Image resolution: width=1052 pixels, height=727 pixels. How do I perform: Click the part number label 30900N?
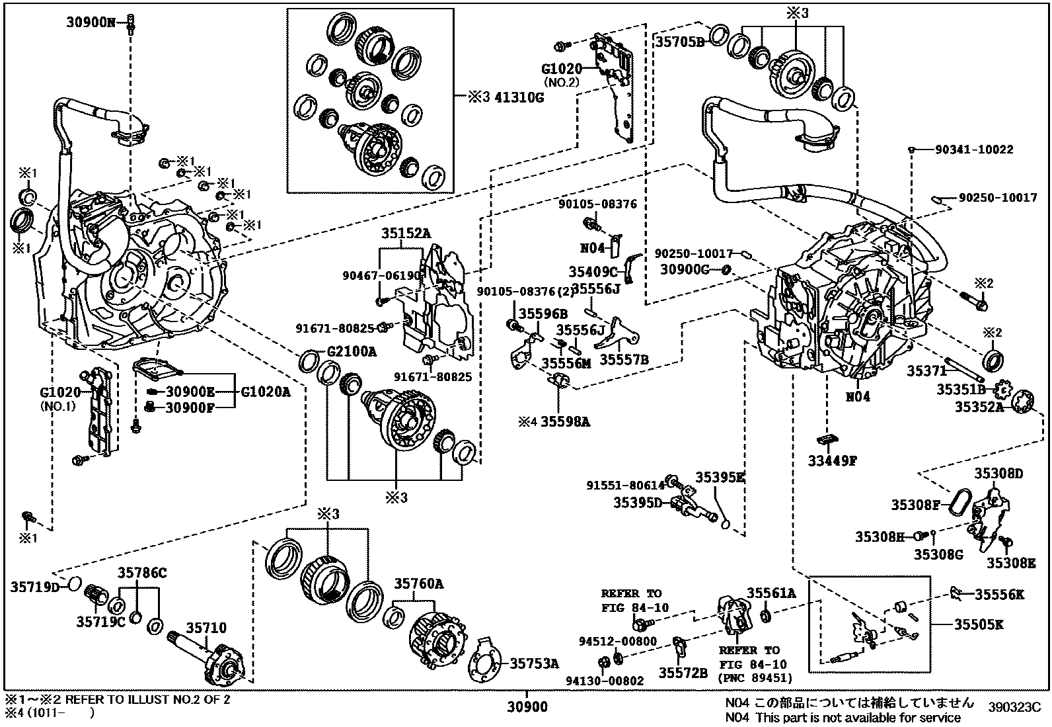[x=91, y=22]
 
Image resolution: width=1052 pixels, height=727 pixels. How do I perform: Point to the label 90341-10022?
[x=974, y=150]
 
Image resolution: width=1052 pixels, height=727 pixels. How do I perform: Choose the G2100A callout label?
[x=352, y=352]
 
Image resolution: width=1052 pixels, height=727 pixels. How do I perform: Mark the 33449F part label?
[x=831, y=461]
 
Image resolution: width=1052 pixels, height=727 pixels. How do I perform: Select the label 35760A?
[x=419, y=583]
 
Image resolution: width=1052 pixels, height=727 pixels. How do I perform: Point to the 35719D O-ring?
[x=75, y=583]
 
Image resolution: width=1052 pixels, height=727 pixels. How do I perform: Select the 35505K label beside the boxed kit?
[x=979, y=624]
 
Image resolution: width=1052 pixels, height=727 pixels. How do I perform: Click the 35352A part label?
[x=978, y=407]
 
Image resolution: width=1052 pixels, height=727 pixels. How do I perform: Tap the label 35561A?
[x=771, y=593]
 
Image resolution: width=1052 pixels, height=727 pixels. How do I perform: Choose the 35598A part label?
[x=565, y=420]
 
